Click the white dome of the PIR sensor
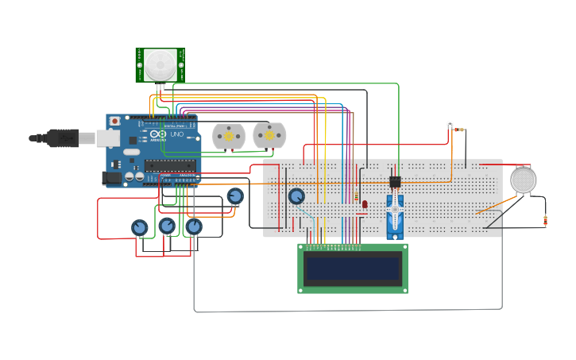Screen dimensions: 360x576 [x=160, y=64]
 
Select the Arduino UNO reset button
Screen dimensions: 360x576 [x=115, y=121]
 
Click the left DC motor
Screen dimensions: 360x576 [x=228, y=137]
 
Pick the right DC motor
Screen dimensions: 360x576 [x=269, y=136]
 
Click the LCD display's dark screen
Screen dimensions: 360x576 [x=353, y=269]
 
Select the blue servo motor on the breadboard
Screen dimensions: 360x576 [x=395, y=215]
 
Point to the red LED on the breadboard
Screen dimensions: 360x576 [x=365, y=204]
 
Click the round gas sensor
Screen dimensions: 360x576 [x=523, y=180]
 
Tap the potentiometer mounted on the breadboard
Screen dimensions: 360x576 [x=296, y=196]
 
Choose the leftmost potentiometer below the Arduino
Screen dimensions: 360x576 [x=140, y=228]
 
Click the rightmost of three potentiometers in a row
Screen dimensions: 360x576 [x=194, y=227]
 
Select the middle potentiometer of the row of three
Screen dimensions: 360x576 [x=167, y=226]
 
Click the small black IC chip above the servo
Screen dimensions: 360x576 [x=395, y=182]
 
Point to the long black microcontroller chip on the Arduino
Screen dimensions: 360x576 [x=170, y=166]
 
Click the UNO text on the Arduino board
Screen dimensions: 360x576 [x=176, y=134]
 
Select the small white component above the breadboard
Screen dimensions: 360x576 [x=450, y=124]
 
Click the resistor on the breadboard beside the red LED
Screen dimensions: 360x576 [x=357, y=195]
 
